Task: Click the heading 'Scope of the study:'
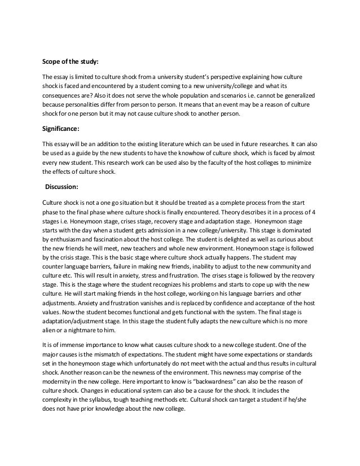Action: pos(74,62)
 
